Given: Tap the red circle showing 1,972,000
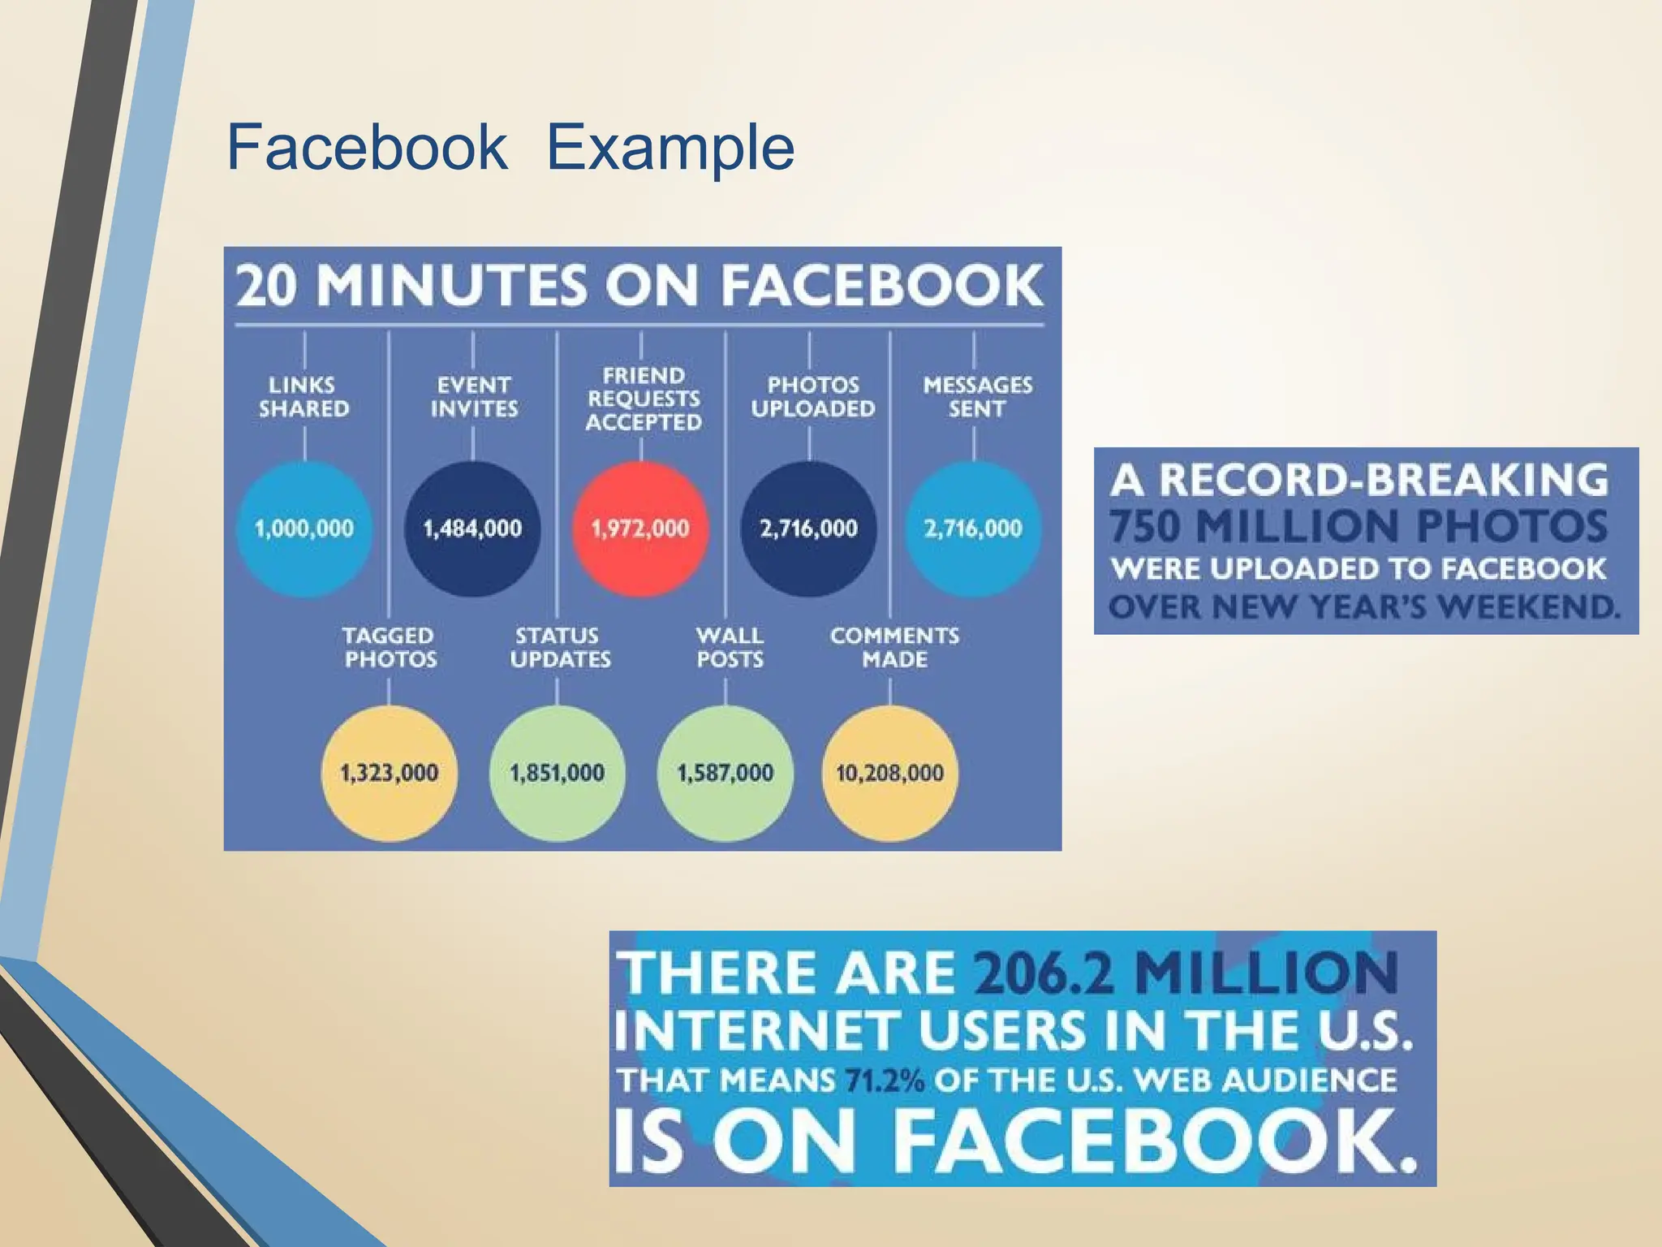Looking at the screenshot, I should (640, 529).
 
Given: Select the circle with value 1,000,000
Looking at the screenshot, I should (304, 529).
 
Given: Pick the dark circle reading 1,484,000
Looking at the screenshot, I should (472, 529).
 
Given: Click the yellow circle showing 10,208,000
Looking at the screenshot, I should (889, 772).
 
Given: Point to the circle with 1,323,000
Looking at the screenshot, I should (390, 772).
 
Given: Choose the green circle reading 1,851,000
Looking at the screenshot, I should (558, 772).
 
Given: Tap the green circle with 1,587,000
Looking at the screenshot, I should (726, 772).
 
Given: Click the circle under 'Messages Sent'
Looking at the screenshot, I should (973, 529).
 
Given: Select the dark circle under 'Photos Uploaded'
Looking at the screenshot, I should (809, 529).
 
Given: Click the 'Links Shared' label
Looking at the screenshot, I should (304, 396).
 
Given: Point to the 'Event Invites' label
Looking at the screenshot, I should (474, 396).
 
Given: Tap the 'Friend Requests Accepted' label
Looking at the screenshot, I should (644, 399).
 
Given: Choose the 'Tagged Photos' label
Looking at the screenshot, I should (390, 647).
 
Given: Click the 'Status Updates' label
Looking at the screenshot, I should (560, 647).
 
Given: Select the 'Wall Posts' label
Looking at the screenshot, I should (730, 647).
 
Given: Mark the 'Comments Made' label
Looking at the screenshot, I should (894, 647).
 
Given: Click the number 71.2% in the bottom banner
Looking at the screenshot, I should (885, 1081).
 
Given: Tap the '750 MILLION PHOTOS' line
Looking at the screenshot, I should (1358, 525).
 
